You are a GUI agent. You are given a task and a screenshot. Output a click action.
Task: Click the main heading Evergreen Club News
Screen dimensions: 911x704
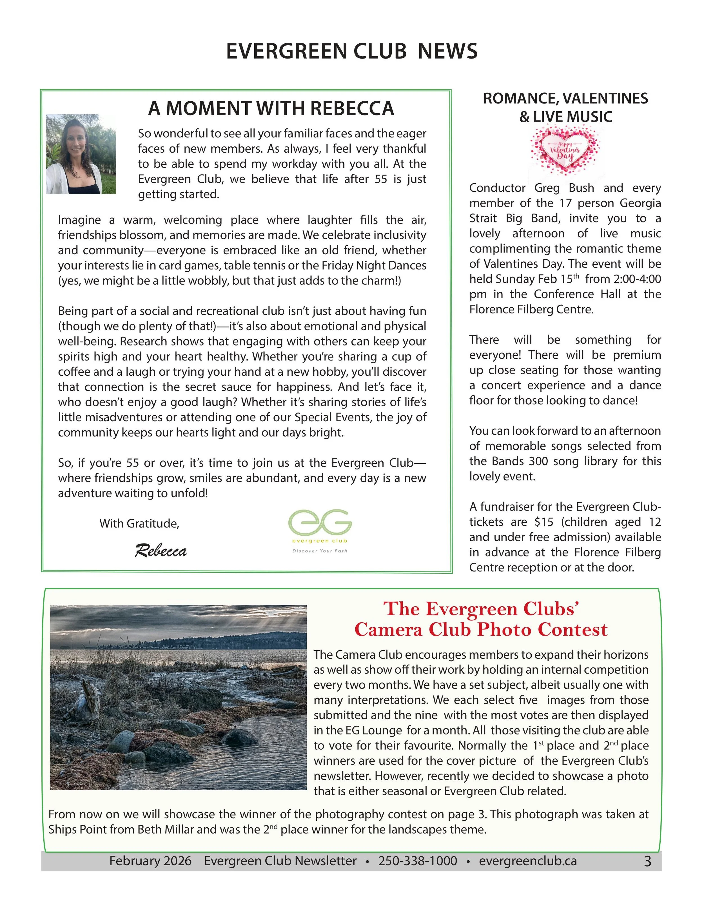352,51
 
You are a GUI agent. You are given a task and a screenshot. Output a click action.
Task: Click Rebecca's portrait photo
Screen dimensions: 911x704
81,154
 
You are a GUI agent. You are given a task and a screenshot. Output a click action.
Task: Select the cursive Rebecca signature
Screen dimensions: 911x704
161,551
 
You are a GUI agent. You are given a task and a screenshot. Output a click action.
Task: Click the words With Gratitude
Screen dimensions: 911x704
139,524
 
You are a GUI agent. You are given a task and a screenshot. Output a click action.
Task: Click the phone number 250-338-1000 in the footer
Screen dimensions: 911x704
418,861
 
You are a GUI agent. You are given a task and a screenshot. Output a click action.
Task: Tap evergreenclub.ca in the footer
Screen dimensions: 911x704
528,861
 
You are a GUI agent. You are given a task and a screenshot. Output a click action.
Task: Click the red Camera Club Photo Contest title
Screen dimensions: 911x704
481,629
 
